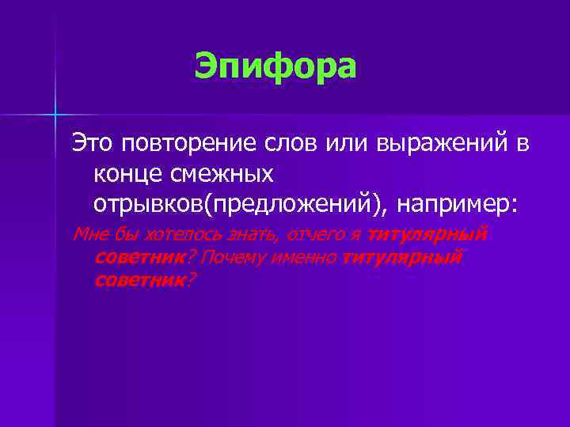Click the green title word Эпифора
click(275, 66)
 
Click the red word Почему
click(235, 257)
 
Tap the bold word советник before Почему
click(140, 257)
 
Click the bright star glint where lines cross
click(56, 115)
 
